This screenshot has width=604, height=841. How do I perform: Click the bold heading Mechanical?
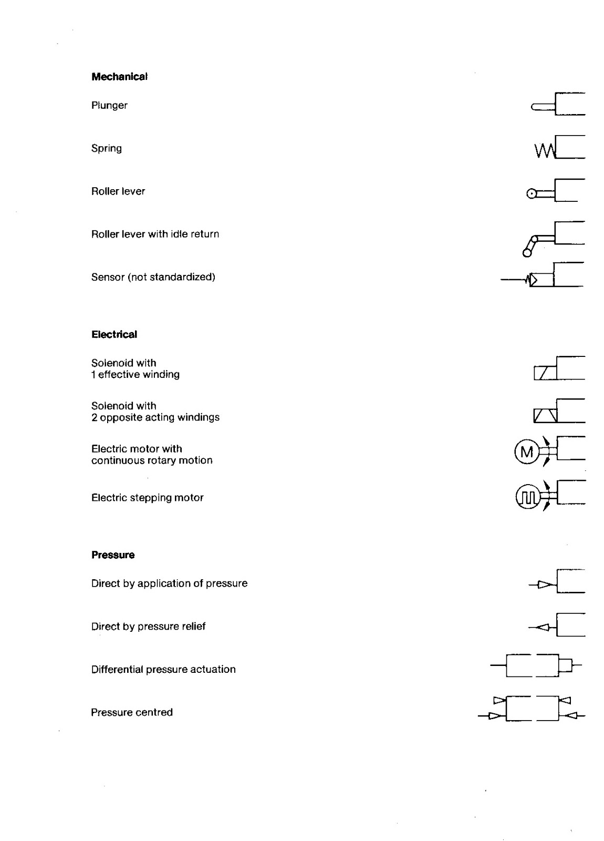pos(119,77)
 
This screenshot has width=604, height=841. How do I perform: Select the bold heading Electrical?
pos(114,334)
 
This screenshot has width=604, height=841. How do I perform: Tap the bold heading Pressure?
pos(113,555)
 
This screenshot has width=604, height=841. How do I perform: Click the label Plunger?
pos(109,105)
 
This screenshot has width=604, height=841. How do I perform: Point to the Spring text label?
pos(107,148)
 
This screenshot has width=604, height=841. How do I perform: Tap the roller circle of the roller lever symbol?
pos(532,194)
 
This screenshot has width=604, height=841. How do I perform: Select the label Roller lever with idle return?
pos(155,234)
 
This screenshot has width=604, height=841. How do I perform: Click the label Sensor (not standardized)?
pos(153,277)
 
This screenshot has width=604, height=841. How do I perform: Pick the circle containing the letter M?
pos(526,452)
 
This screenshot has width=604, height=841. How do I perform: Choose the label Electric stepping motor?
pos(147,498)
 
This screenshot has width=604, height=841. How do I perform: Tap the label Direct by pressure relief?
pos(148,627)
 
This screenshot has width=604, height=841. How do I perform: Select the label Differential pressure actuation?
pos(163,670)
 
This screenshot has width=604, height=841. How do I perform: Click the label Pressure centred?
pos(132,713)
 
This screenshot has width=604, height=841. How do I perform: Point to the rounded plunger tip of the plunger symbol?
pos(535,108)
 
